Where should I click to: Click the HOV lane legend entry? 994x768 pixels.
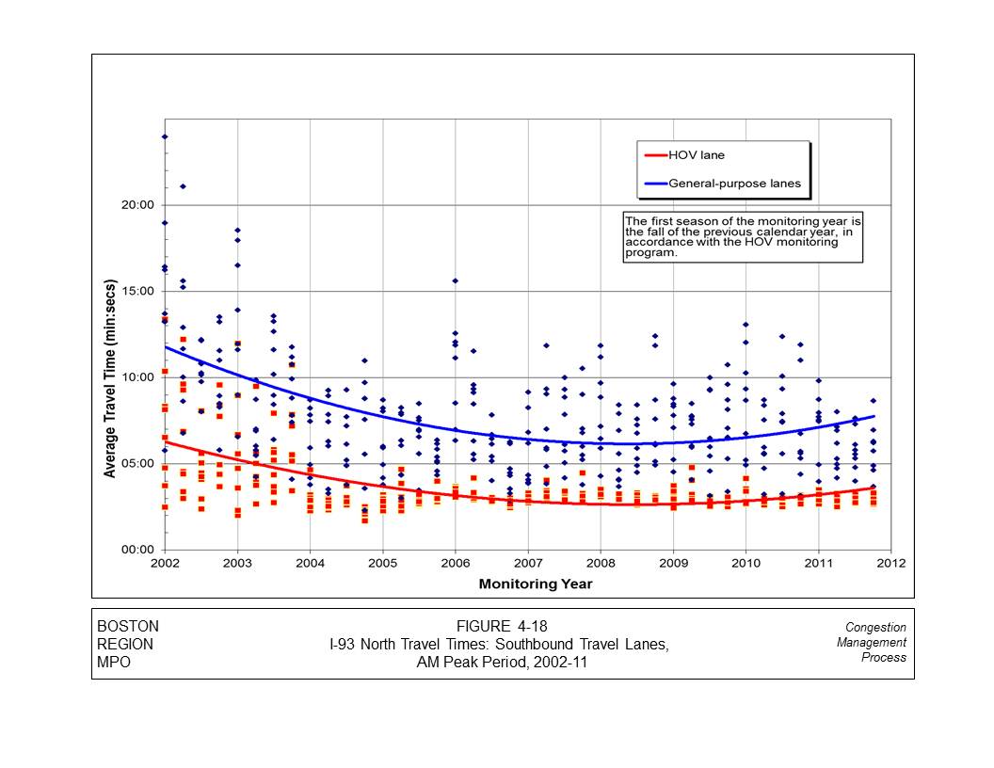697,155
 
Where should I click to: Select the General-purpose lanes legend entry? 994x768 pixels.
734,184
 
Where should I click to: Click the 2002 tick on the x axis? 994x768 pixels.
165,564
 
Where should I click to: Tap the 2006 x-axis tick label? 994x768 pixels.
456,564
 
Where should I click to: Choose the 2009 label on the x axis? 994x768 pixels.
673,564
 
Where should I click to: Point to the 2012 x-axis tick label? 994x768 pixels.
890,564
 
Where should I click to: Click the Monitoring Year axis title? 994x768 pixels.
536,584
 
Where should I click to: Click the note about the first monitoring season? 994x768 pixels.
743,236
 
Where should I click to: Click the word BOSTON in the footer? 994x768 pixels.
128,627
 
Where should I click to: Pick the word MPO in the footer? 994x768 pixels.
114,662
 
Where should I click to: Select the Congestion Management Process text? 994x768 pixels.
874,642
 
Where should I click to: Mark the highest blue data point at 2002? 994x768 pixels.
165,136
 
